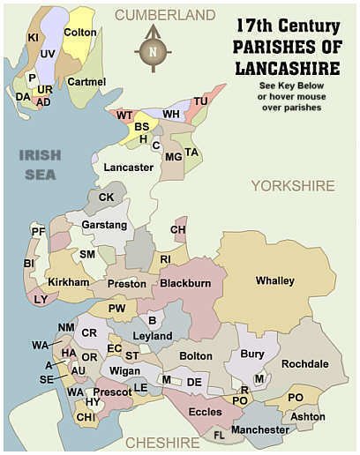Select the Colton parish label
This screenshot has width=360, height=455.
pos(79,33)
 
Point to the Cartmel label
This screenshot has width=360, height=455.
pos(86,82)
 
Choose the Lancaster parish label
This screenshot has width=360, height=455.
pos(128,167)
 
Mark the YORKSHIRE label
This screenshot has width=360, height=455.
pos(292,186)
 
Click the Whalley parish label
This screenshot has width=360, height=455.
pos(274,281)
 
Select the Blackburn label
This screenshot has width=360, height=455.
pos(184,284)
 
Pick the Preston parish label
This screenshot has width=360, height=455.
pos(126,284)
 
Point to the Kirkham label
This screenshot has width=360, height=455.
pos(70,282)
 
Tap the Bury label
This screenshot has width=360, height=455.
pos(251,354)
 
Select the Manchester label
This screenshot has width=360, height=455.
pos(259,429)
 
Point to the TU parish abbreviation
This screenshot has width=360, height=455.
pos(200,101)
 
